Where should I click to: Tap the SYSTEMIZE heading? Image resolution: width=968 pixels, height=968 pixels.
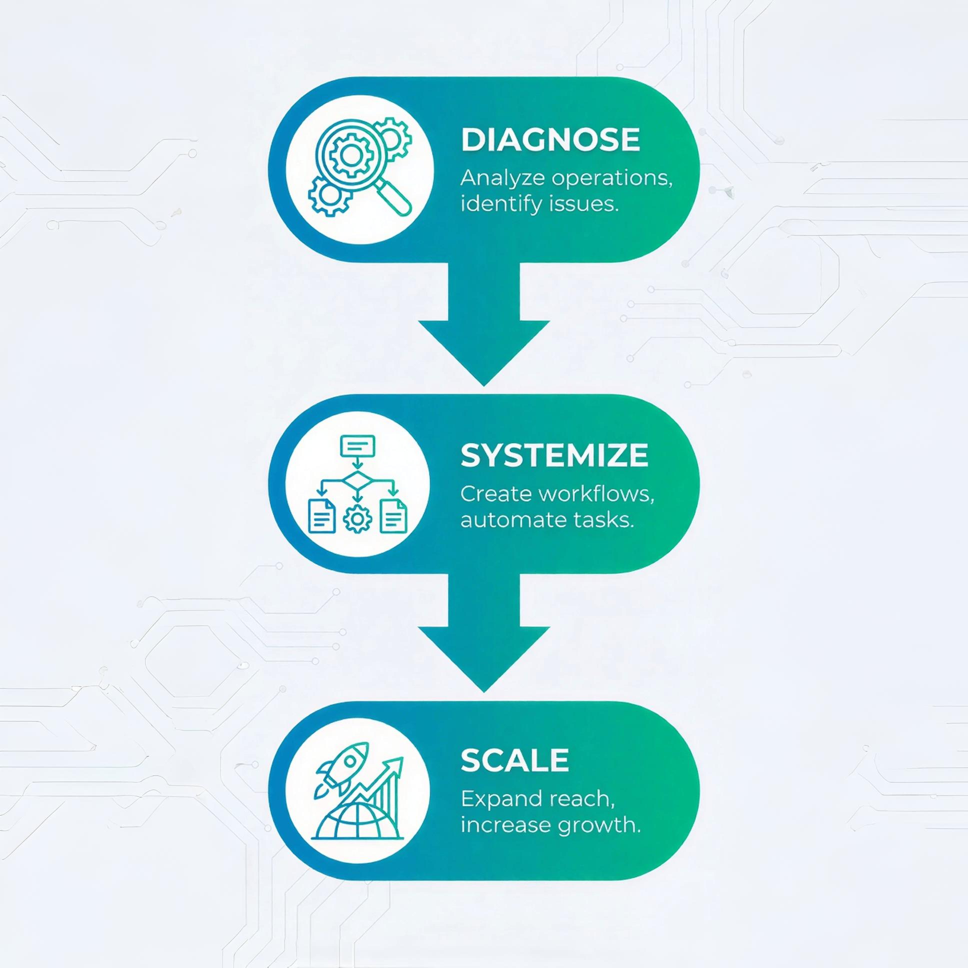coord(554,455)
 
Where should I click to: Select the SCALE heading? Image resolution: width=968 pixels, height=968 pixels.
coord(514,760)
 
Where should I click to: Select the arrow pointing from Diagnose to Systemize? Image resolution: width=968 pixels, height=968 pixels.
coord(484,330)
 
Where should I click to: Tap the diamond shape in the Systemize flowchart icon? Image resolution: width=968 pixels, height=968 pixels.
coord(357,481)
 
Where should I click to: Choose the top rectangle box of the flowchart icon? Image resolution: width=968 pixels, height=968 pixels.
coord(357,445)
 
